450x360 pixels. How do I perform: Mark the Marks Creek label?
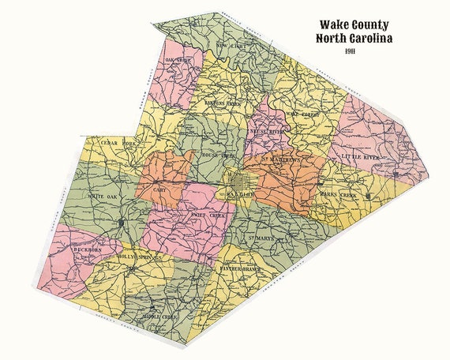point(337,193)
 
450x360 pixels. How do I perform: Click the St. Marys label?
point(261,238)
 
